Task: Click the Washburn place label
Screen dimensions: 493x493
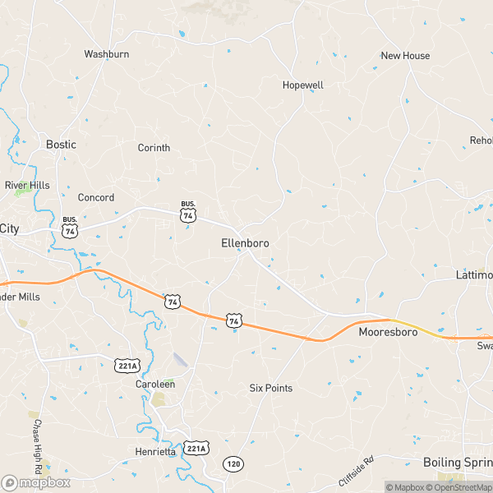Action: [x=107, y=54]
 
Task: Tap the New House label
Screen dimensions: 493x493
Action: [x=405, y=56]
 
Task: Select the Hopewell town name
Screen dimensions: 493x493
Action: [x=302, y=85]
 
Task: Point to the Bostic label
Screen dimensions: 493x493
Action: [x=61, y=145]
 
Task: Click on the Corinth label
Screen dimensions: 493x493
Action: [x=154, y=148]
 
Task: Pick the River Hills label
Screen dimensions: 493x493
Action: [x=27, y=185]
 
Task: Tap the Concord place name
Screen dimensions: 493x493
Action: [x=96, y=198]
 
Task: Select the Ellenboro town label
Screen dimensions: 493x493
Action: [x=245, y=244]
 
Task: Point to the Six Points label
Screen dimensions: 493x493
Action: [x=271, y=388]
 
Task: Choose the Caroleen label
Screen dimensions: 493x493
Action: [x=155, y=384]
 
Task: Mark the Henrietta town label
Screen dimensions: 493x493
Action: [x=155, y=452]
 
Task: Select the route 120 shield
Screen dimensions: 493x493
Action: [x=234, y=464]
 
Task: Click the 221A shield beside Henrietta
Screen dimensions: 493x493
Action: [x=196, y=448]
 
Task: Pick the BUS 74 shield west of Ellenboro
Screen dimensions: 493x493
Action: [x=189, y=212]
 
